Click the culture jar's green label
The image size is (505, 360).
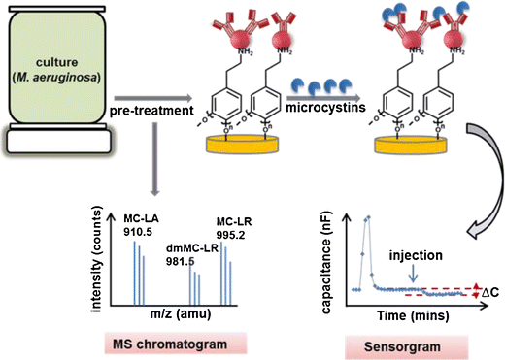coord(55,59)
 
